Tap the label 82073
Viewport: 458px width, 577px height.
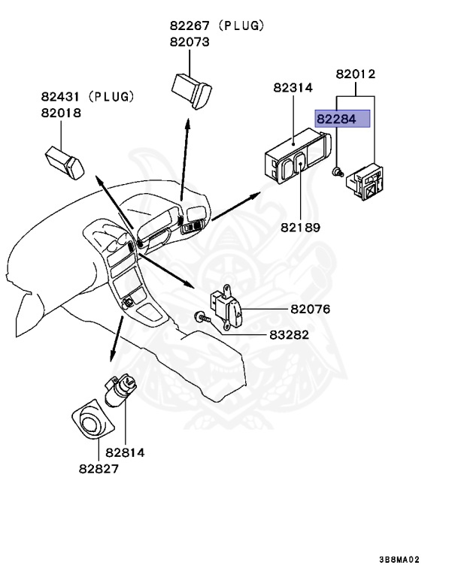point(190,42)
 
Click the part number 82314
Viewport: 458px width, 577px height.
point(293,88)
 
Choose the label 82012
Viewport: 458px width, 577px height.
point(355,74)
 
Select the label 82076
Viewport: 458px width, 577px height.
point(310,309)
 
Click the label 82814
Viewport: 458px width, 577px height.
point(125,452)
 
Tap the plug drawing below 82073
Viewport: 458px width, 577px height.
point(193,89)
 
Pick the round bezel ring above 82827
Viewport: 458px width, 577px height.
point(93,420)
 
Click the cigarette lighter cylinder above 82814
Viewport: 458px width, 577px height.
point(121,390)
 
